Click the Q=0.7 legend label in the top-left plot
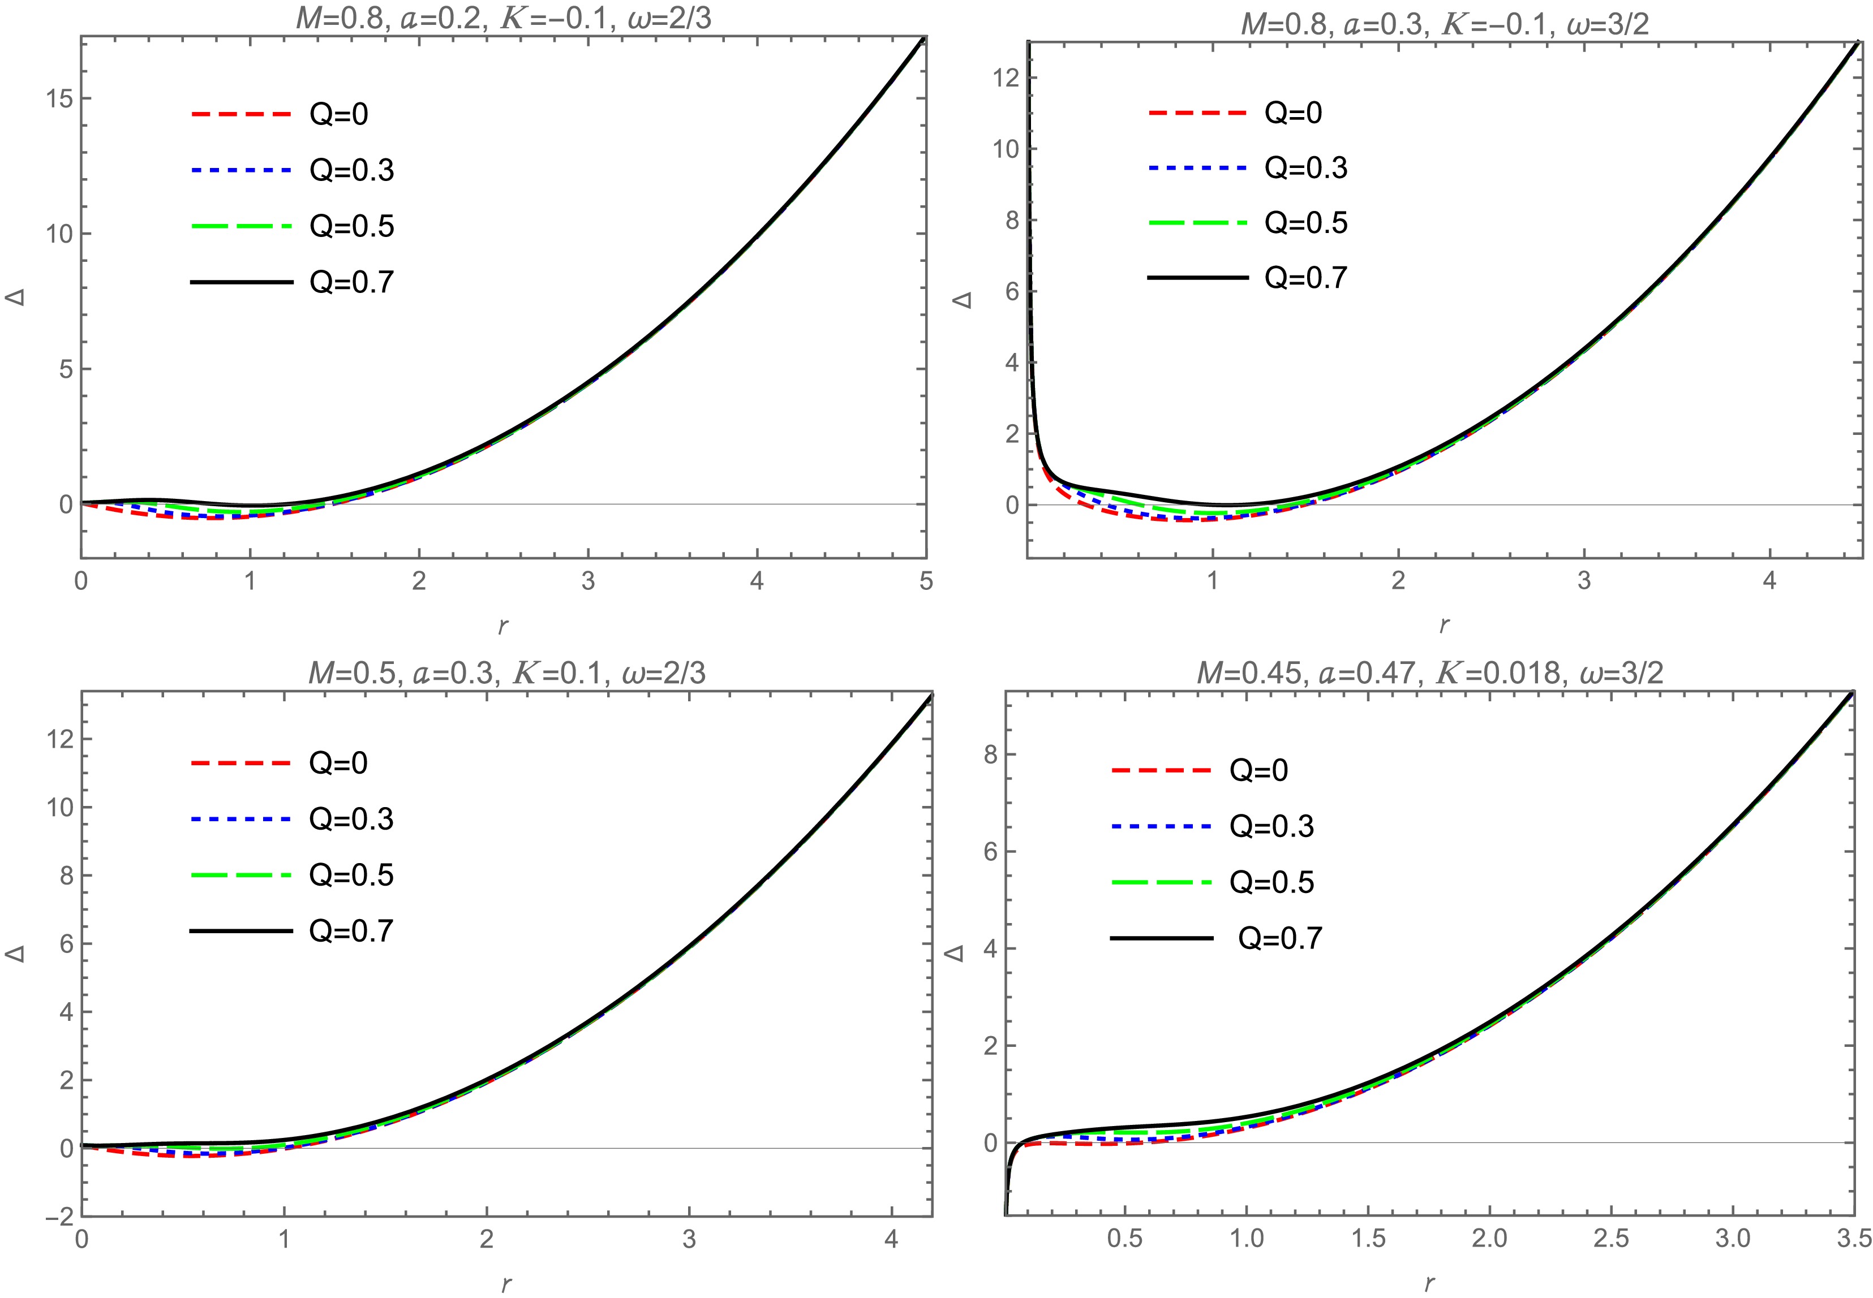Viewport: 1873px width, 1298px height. click(x=351, y=282)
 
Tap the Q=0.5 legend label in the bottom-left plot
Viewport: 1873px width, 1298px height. click(x=351, y=875)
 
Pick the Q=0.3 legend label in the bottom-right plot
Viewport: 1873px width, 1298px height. click(x=1271, y=826)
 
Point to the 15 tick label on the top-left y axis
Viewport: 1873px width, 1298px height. click(x=54, y=99)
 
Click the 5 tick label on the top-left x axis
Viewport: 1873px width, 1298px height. click(x=926, y=581)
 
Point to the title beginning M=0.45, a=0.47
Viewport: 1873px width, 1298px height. click(x=1429, y=672)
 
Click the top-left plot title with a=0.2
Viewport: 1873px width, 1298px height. click(x=504, y=18)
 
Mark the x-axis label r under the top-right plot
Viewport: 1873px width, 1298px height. click(x=1444, y=624)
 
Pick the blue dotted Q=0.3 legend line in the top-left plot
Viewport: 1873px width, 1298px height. click(x=241, y=170)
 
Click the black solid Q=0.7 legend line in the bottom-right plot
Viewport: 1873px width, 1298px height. click(x=1162, y=938)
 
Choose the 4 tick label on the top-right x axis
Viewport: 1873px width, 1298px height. click(x=1769, y=581)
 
